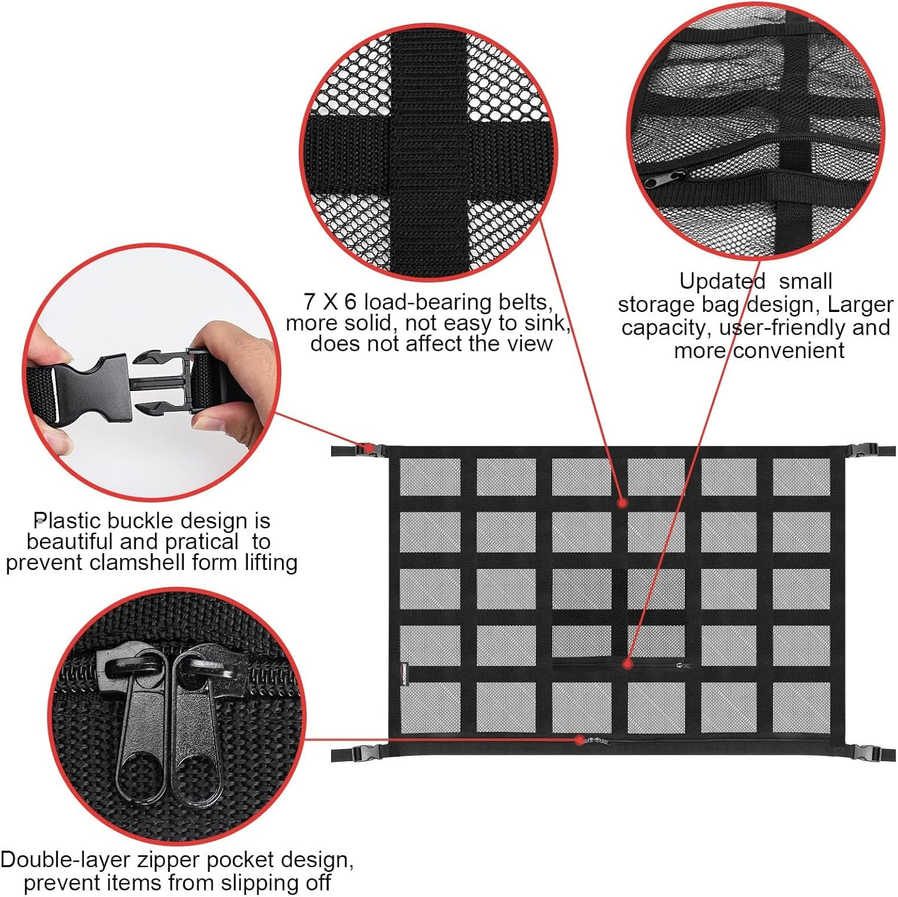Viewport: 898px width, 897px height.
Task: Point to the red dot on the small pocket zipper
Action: (x=627, y=663)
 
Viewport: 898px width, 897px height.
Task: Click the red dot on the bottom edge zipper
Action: (x=580, y=740)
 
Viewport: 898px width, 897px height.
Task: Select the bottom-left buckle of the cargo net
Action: (x=362, y=754)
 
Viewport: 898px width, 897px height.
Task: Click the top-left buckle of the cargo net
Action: (x=364, y=449)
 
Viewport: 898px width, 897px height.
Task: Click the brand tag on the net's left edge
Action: (x=405, y=674)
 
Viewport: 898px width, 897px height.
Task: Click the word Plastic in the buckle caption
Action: (x=66, y=520)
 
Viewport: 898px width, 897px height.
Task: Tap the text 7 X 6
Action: (x=329, y=301)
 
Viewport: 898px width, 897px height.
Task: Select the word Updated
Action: (x=722, y=281)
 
